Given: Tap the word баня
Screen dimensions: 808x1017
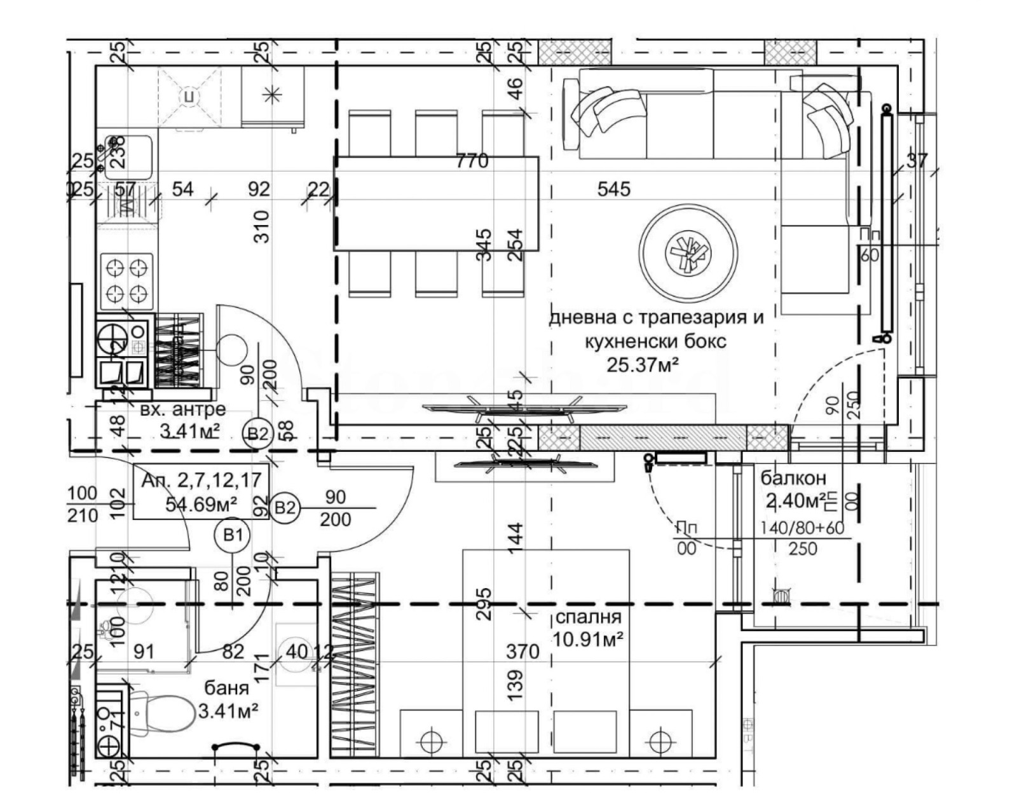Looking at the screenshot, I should [227, 688].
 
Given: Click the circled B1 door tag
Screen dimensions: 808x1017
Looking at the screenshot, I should [233, 535].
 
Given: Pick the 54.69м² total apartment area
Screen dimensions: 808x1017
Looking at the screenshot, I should [201, 504].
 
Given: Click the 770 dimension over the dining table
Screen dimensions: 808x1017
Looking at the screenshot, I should [472, 161].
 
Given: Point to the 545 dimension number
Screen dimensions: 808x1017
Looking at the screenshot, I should [614, 189].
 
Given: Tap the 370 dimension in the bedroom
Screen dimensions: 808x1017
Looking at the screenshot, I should [522, 651].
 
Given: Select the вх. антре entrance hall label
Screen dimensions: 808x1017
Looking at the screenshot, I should [182, 409].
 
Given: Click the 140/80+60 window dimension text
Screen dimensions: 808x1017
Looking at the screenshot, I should [806, 528].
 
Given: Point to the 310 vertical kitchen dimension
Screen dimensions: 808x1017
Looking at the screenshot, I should [261, 226].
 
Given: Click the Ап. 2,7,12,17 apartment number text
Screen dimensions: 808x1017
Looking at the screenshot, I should [201, 480].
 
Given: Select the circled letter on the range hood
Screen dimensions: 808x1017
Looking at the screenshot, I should [189, 97].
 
